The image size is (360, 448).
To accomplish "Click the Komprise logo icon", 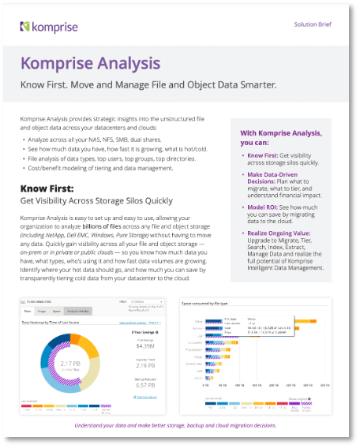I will click(25, 28).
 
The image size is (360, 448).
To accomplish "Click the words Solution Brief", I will click(313, 24).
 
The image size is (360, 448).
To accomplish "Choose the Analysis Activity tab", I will click(78, 312).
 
